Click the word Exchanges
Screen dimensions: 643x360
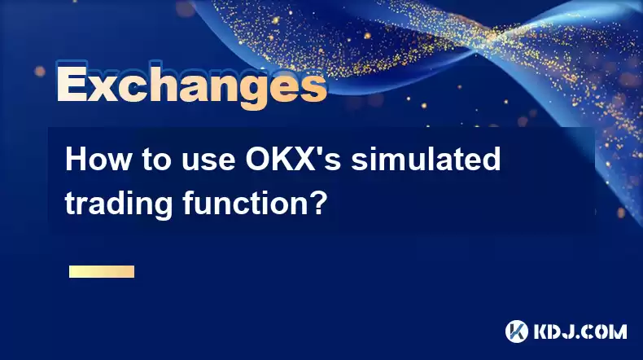coord(191,85)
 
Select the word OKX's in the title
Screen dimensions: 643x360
coord(293,159)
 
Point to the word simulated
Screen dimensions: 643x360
coord(426,159)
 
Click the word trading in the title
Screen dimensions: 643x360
coord(119,203)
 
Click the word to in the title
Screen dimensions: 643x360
coord(157,160)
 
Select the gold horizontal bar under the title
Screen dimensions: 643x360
coord(102,271)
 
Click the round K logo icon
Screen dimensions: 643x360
coord(516,331)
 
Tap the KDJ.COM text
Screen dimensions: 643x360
coord(580,331)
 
